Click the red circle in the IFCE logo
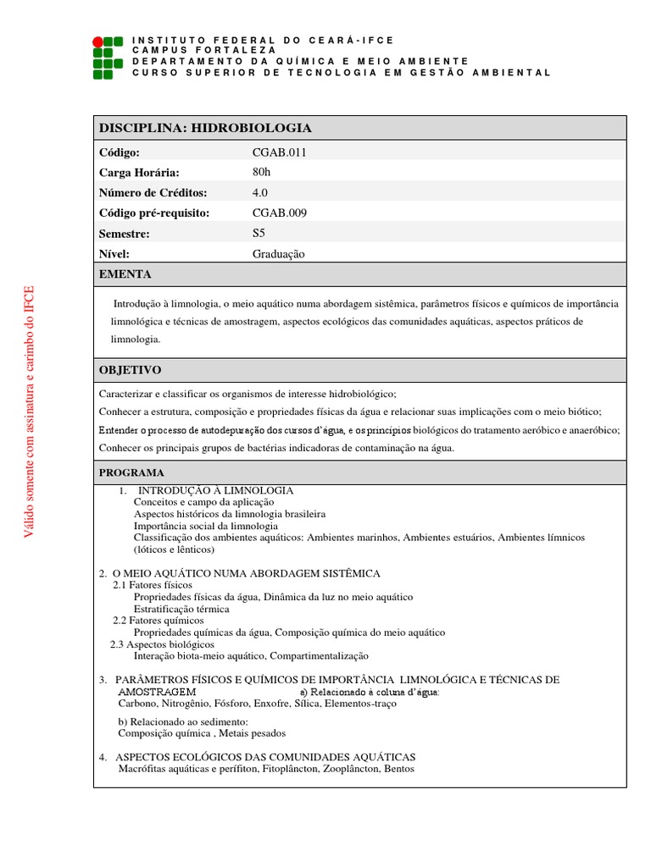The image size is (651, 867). coord(98,41)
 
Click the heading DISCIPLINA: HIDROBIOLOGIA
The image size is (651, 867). coord(205,128)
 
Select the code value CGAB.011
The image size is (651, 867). coord(273,152)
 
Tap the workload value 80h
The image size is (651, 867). coord(262,172)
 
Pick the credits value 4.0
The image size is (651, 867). coord(259,192)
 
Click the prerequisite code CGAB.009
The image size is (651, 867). coord(273,213)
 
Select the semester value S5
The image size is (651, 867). coord(259,233)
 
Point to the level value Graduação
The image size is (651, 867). coord(278,253)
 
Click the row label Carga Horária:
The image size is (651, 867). coord(139,172)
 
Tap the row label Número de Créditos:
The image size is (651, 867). coord(153,192)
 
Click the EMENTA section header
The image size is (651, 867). coord(125,274)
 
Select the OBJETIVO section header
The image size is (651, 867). coord(130,371)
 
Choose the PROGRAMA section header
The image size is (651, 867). coord(131,472)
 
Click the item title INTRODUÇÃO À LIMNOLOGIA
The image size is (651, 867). coord(215,490)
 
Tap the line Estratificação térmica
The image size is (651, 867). coord(181,609)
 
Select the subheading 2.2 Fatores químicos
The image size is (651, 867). coord(159,621)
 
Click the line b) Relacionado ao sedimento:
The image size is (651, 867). coord(182,721)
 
